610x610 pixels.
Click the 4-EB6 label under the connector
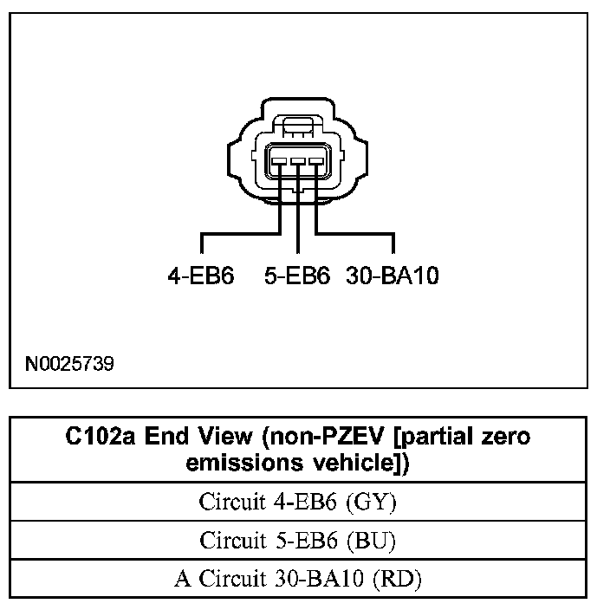(201, 276)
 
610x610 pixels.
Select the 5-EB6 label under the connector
(297, 276)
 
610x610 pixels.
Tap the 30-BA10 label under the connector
(393, 276)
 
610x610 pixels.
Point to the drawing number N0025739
(68, 362)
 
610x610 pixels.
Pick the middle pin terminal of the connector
(298, 160)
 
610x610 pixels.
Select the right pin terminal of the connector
(315, 160)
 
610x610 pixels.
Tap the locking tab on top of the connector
(298, 127)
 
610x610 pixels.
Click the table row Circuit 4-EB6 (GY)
(298, 502)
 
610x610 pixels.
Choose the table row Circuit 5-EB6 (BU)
(298, 541)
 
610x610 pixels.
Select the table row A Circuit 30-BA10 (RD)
(298, 579)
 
